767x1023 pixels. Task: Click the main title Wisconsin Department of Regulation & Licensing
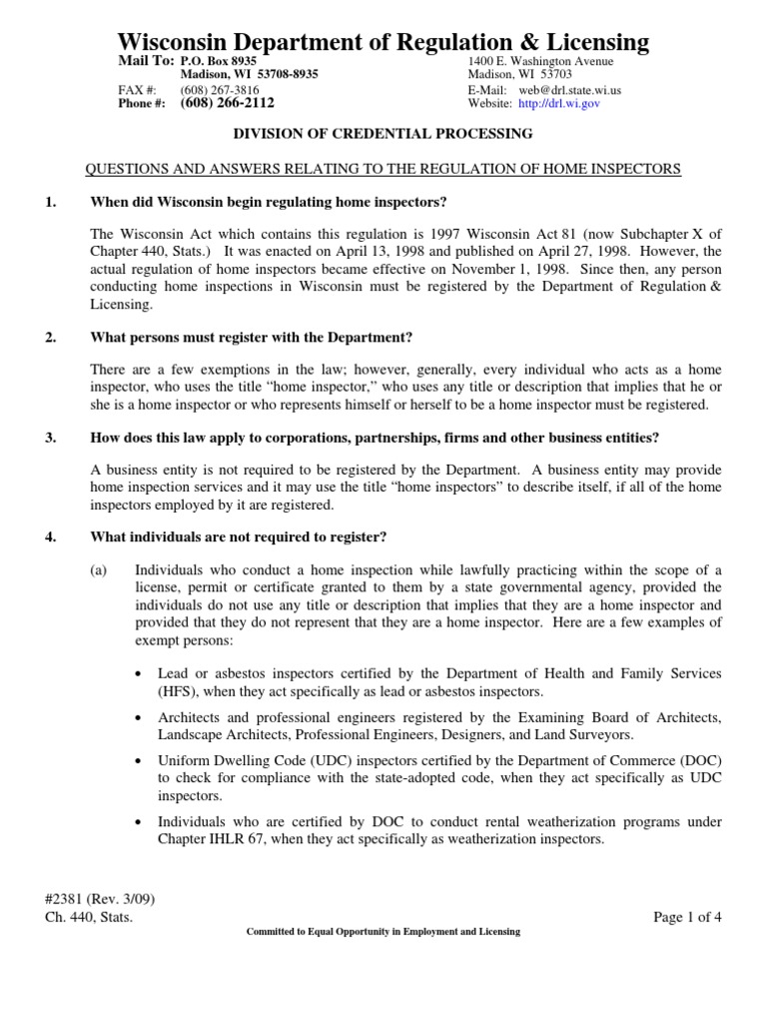(x=383, y=41)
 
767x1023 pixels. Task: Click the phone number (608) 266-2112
(x=227, y=103)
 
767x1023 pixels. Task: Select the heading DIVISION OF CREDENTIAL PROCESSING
(x=383, y=133)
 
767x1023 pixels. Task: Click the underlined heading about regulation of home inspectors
(x=383, y=169)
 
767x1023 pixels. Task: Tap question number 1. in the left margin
(x=52, y=202)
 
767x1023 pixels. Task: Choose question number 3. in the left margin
(x=52, y=439)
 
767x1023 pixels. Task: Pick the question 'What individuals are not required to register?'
(x=238, y=536)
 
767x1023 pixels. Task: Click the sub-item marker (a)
(x=100, y=569)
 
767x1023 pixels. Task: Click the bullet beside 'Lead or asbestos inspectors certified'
(x=138, y=675)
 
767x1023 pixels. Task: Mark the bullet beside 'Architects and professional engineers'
(x=138, y=718)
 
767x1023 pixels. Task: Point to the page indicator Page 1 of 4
(x=687, y=917)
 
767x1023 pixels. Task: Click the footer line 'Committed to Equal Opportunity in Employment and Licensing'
(x=383, y=932)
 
